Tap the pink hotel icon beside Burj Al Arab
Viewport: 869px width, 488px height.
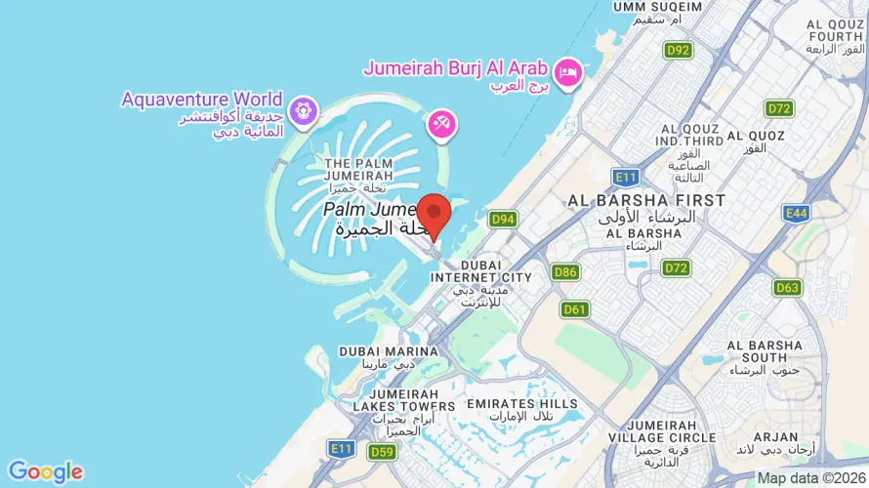[x=567, y=71]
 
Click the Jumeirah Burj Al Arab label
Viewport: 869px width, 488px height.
[x=455, y=68]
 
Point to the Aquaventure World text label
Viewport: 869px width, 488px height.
[x=202, y=100]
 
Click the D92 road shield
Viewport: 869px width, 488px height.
[x=678, y=50]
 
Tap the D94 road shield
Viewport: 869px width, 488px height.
[x=503, y=220]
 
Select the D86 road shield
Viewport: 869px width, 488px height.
[x=565, y=271]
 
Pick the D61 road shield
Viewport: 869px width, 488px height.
[x=575, y=309]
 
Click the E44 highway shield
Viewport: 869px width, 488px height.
[x=796, y=212]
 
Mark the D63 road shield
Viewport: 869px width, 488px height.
[x=787, y=287]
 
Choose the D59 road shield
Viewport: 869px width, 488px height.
[x=382, y=452]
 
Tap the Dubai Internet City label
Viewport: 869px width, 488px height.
[x=482, y=277]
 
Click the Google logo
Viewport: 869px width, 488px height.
[x=45, y=472]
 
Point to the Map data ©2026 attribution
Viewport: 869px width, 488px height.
[x=811, y=478]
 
